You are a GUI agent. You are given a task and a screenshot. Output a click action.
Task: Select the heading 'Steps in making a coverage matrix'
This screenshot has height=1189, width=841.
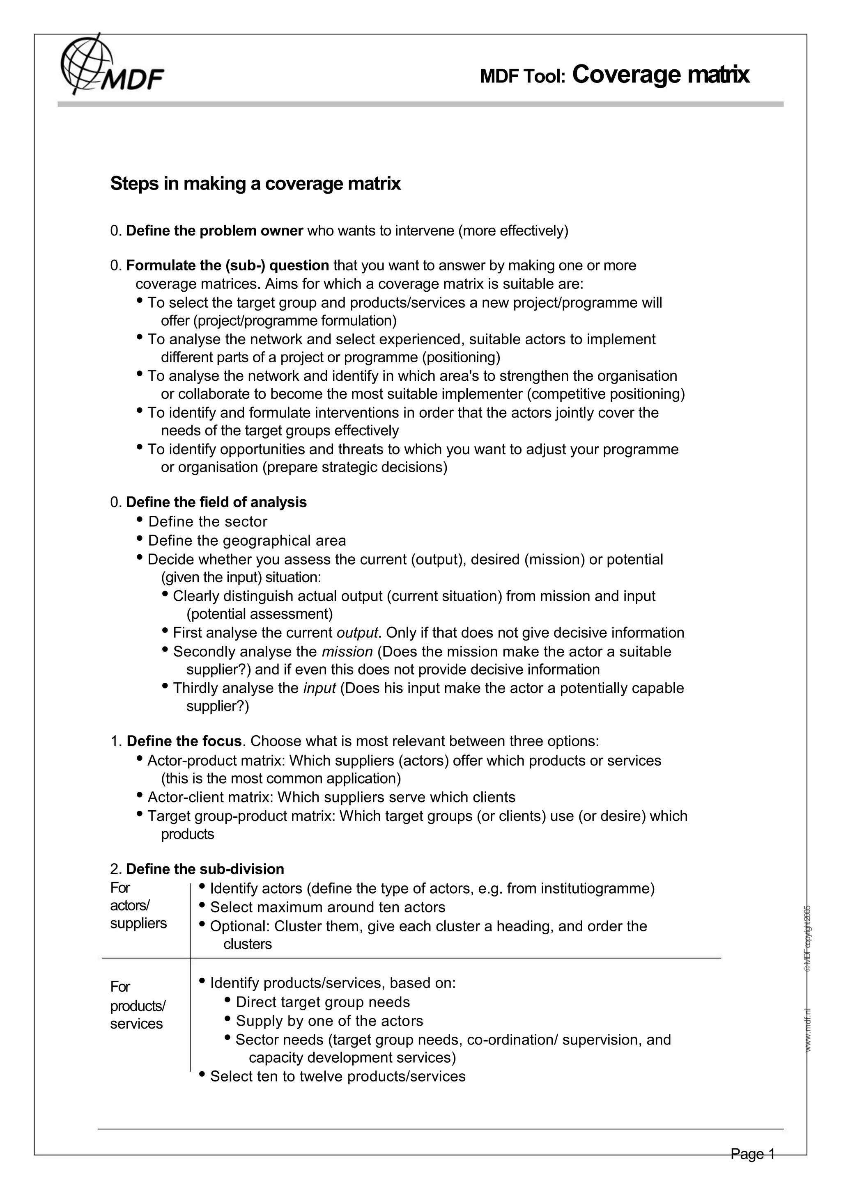click(x=255, y=184)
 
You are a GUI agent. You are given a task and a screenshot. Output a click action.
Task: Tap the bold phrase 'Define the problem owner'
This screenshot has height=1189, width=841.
click(x=214, y=231)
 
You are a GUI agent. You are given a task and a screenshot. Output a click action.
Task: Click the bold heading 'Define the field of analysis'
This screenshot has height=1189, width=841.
click(x=216, y=502)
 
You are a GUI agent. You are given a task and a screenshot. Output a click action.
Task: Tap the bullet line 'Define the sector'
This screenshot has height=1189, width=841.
click(x=208, y=521)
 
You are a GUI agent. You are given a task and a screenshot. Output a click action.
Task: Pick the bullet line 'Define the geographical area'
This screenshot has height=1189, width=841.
click(x=247, y=541)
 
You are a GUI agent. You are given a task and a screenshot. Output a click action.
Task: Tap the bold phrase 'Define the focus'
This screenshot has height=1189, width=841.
click(x=184, y=741)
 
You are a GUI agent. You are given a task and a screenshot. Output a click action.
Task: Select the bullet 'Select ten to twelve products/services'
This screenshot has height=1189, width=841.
click(x=337, y=1077)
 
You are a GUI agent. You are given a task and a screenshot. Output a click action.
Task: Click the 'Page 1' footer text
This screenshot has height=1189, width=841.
click(x=752, y=1154)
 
